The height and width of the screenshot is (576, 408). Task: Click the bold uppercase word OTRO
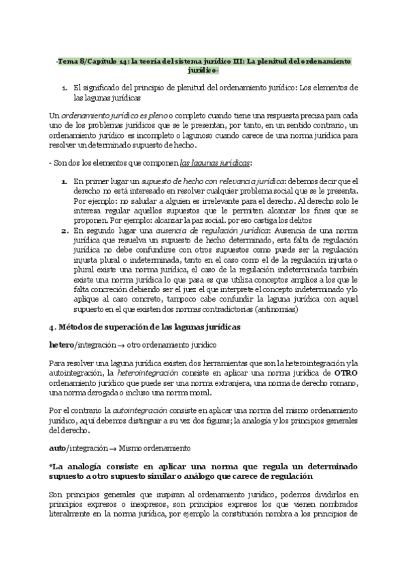[341, 373]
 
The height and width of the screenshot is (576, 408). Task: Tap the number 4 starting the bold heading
[52, 327]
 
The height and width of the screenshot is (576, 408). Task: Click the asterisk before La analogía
[52, 468]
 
